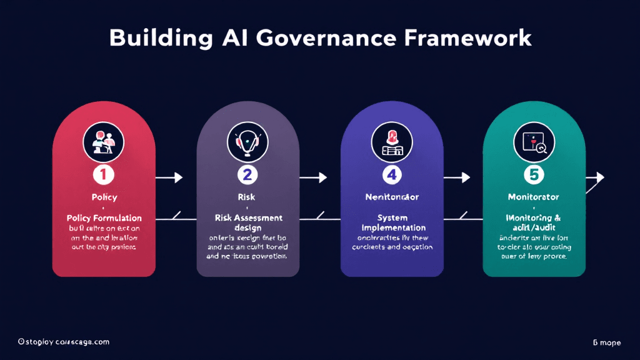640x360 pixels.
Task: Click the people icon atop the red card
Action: [103, 141]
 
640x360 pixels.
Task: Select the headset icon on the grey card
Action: [247, 141]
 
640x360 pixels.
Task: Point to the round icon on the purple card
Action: [391, 141]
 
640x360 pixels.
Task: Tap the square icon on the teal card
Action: [534, 141]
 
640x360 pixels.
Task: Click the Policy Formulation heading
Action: [104, 218]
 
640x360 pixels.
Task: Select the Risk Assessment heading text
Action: [248, 218]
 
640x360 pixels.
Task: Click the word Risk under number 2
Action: [247, 197]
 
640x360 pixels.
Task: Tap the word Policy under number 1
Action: [104, 197]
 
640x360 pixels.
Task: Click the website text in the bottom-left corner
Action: [64, 342]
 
